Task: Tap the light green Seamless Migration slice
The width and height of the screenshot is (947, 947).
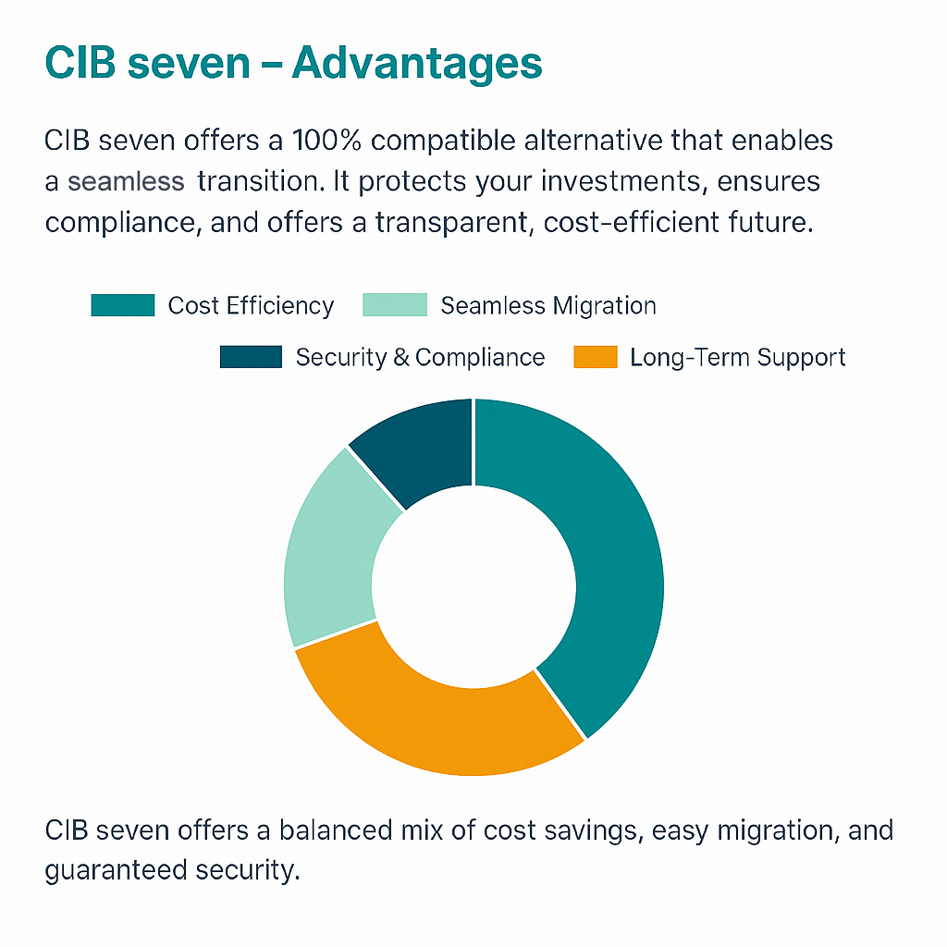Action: (x=329, y=556)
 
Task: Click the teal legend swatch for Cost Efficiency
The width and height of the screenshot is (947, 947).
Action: (x=123, y=305)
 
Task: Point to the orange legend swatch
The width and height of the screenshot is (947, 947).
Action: (x=596, y=357)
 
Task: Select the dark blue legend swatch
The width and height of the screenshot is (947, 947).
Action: (x=251, y=357)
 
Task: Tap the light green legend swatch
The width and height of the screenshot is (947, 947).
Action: (x=395, y=305)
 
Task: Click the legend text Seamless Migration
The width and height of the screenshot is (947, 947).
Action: (x=548, y=305)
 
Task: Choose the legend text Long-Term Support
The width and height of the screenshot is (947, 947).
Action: (x=737, y=358)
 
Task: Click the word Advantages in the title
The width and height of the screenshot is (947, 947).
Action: (x=417, y=64)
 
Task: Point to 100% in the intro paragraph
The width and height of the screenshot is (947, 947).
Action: (x=326, y=141)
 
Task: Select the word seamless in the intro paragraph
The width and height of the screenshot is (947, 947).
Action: (x=126, y=182)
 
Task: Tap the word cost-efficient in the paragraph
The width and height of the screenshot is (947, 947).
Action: (x=632, y=222)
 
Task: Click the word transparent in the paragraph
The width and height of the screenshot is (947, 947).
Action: (x=451, y=224)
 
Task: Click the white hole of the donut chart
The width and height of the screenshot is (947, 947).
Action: (x=474, y=586)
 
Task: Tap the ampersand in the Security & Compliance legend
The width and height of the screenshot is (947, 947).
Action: (x=401, y=358)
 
